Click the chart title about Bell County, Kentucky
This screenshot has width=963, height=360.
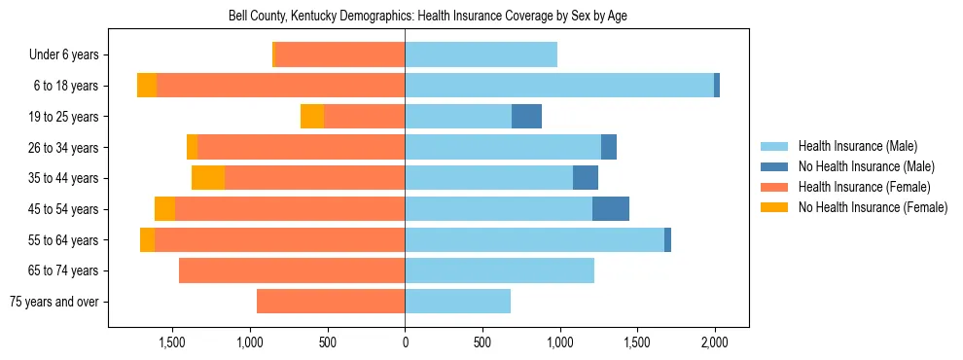428,17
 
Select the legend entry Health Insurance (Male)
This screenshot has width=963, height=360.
857,146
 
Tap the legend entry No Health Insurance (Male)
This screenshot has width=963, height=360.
866,166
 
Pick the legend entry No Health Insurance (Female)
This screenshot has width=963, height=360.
872,207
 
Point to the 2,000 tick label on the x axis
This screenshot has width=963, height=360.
715,342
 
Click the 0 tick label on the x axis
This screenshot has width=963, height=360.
405,342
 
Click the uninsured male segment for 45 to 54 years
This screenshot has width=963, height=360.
611,209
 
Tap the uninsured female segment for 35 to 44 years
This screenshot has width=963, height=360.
208,178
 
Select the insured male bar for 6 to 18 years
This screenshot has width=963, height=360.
559,86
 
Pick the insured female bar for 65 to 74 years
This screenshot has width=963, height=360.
292,270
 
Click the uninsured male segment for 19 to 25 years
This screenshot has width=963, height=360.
526,117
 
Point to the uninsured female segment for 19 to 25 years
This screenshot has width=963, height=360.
312,117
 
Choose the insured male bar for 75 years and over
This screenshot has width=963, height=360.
457,302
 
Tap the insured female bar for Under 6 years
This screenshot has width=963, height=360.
340,55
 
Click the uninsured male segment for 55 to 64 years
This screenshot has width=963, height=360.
667,240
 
